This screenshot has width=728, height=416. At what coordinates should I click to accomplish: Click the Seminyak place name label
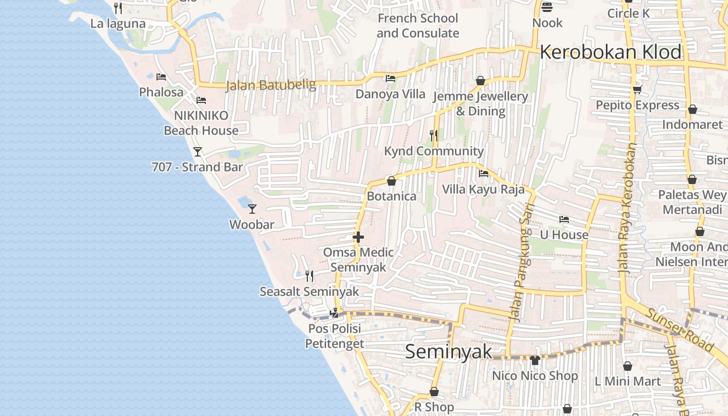[448, 352]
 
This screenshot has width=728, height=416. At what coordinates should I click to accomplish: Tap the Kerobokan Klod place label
[610, 53]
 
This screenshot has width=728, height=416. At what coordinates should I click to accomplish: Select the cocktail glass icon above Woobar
[252, 209]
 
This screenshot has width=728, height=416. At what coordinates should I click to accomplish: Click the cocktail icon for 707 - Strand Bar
[198, 151]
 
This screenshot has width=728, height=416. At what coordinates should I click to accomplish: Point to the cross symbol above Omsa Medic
[358, 237]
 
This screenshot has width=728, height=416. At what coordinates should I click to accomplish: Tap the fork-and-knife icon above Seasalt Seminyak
[309, 276]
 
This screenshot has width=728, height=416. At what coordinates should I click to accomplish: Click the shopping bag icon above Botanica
[392, 181]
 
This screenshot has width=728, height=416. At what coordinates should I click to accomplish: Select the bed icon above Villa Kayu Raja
[484, 174]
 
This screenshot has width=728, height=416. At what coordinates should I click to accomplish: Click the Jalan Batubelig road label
[270, 85]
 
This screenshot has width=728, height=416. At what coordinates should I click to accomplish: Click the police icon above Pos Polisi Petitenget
[335, 313]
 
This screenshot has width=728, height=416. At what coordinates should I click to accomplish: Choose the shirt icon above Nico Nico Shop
[535, 360]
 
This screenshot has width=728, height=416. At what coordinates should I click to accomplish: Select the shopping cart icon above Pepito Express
[637, 89]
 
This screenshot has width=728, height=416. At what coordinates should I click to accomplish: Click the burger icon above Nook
[547, 7]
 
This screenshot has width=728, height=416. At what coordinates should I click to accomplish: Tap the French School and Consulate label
[418, 25]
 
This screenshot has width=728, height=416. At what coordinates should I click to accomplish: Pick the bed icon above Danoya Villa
[391, 79]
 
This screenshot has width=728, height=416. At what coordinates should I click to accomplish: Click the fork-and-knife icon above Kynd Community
[434, 136]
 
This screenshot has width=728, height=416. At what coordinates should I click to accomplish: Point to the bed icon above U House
[564, 219]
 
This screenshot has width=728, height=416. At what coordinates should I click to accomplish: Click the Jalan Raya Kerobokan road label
[628, 208]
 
